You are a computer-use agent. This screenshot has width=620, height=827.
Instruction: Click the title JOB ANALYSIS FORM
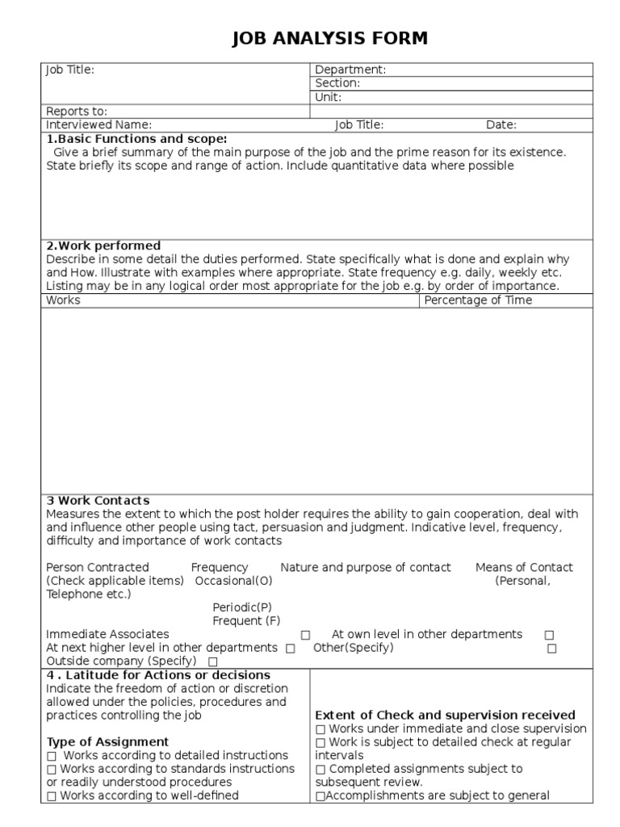pos(329,38)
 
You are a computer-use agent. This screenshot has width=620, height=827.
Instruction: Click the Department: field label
pos(350,69)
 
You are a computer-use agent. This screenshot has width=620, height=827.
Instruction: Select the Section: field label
pos(337,83)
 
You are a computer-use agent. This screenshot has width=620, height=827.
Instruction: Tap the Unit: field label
pos(329,97)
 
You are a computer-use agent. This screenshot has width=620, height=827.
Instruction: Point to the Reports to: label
pos(77,111)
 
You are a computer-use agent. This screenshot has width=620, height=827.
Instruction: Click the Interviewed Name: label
pos(98,124)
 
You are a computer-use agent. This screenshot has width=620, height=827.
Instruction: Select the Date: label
pos(501,124)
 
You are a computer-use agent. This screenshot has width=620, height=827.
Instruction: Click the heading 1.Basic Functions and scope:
pos(136,138)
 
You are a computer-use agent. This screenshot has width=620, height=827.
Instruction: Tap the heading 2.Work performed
pos(103,246)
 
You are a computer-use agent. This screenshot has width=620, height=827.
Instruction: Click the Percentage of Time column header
pos(478,300)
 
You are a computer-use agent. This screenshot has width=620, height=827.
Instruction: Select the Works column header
pos(63,300)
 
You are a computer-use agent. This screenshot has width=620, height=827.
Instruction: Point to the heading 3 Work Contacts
pos(98,501)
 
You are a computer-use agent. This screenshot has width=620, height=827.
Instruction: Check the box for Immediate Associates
pos(305,636)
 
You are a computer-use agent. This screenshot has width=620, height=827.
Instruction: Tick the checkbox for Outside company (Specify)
pos(213,662)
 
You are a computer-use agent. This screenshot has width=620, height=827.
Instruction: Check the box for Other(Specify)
pos(552,649)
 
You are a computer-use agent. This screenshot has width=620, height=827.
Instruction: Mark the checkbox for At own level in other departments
pos(549,636)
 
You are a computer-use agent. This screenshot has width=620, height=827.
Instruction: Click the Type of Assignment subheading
pos(107,741)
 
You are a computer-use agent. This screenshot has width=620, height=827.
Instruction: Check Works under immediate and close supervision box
pos(320,729)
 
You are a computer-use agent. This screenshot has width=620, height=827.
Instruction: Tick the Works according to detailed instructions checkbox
pos(52,756)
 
